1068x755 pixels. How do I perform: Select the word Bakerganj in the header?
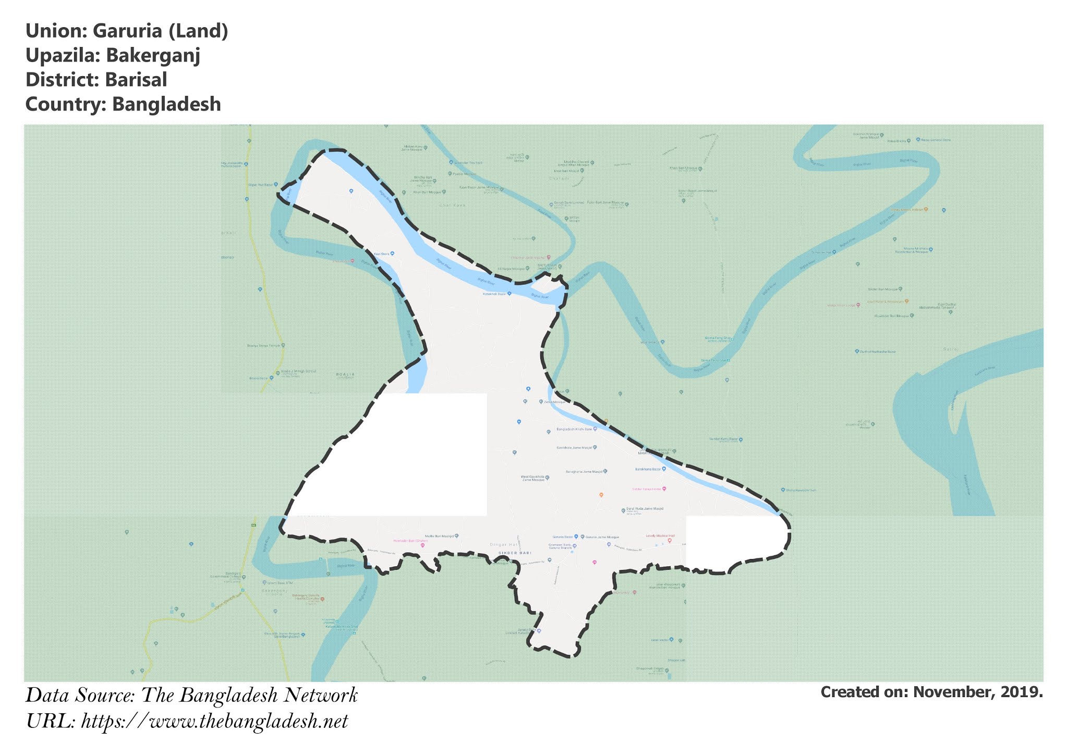(152, 55)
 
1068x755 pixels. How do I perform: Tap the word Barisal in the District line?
(136, 80)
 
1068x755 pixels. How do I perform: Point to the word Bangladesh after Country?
(166, 104)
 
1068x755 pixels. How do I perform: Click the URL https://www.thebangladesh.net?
(214, 722)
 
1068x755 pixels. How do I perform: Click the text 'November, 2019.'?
(978, 692)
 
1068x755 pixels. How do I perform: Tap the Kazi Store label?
(382, 254)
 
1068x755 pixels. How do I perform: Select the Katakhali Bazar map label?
(494, 294)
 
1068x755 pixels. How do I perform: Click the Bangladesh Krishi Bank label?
(574, 429)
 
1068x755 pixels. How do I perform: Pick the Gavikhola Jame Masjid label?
(574, 447)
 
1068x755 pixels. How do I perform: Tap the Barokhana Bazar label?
(648, 469)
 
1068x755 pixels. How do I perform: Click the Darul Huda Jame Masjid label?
(645, 508)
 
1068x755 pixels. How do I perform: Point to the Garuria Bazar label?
(563, 537)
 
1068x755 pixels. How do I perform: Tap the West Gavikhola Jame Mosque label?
(532, 478)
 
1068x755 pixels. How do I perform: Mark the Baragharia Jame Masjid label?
(584, 472)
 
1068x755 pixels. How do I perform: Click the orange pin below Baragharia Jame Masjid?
(601, 495)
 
